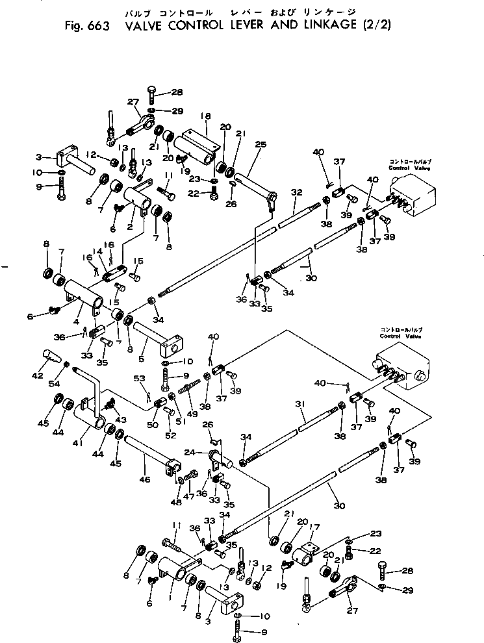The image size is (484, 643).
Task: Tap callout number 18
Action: tap(205, 116)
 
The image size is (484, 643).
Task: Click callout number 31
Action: tap(299, 404)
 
